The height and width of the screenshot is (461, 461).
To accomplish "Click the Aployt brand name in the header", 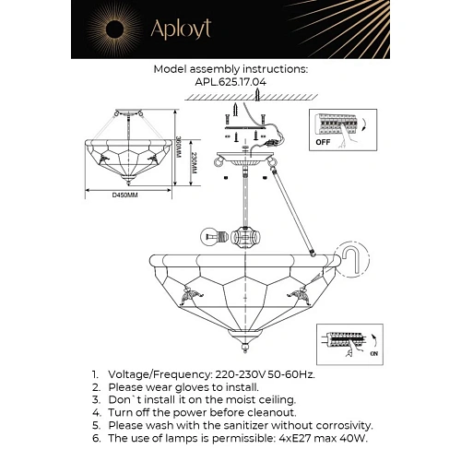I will pyautogui.click(x=183, y=30).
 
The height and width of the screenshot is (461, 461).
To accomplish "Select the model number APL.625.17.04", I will pyautogui.click(x=230, y=80).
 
